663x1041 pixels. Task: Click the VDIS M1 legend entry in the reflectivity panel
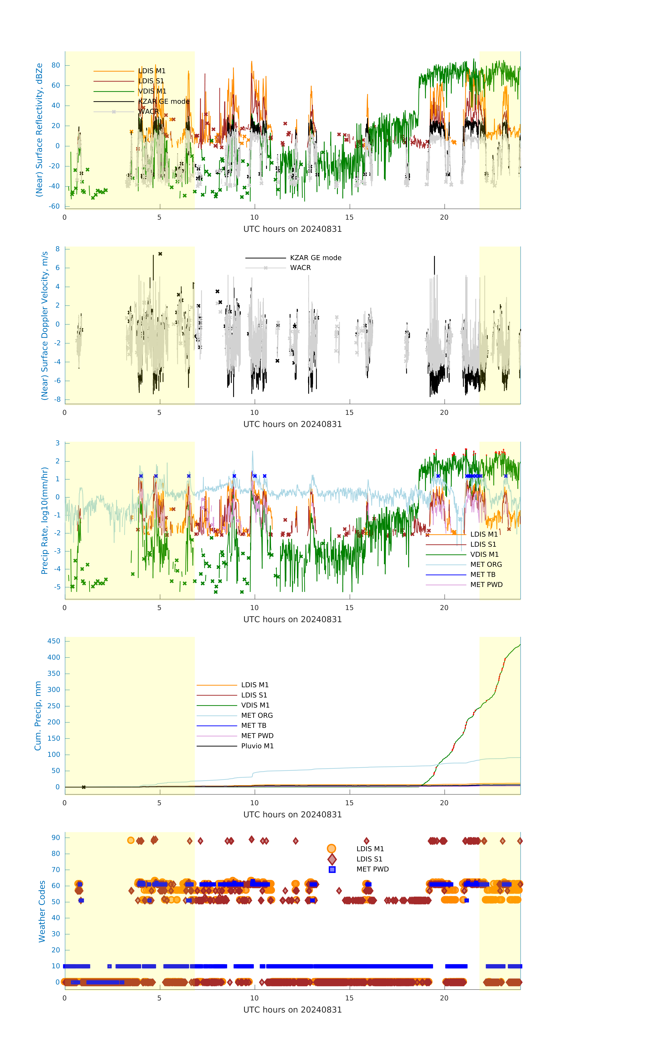(152, 91)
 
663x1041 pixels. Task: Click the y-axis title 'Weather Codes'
(42, 911)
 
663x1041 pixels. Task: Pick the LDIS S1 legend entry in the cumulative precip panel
(254, 695)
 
